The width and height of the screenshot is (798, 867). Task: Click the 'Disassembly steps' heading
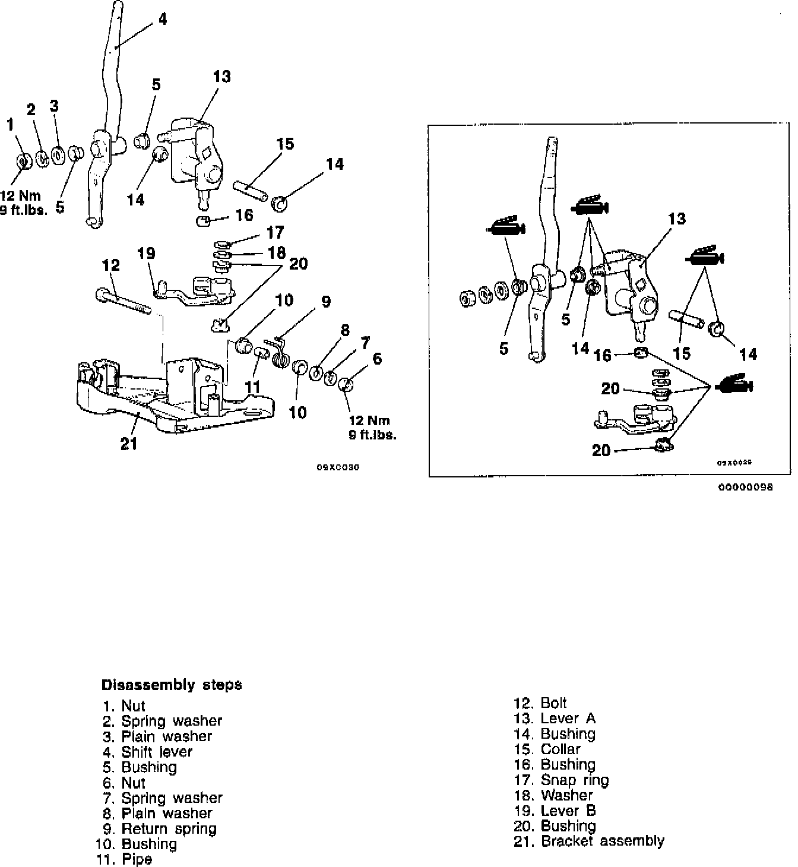(172, 685)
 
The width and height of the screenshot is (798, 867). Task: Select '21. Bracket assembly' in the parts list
(588, 841)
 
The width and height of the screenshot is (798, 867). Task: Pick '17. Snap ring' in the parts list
(562, 780)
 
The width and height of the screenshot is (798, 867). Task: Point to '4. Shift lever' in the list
(148, 751)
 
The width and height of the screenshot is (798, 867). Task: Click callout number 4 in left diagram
(161, 19)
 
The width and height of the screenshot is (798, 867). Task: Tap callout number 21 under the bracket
(129, 443)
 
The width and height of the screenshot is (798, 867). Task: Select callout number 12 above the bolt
(111, 265)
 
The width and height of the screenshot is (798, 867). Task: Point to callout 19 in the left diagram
(146, 254)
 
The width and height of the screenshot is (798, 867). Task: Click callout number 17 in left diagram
(275, 232)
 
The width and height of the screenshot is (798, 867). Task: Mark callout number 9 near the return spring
(326, 302)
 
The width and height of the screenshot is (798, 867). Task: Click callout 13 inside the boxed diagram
(677, 219)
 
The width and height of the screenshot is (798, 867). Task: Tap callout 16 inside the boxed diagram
(603, 355)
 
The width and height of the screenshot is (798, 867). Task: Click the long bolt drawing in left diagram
(122, 301)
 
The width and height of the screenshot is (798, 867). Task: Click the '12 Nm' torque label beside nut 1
(21, 196)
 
